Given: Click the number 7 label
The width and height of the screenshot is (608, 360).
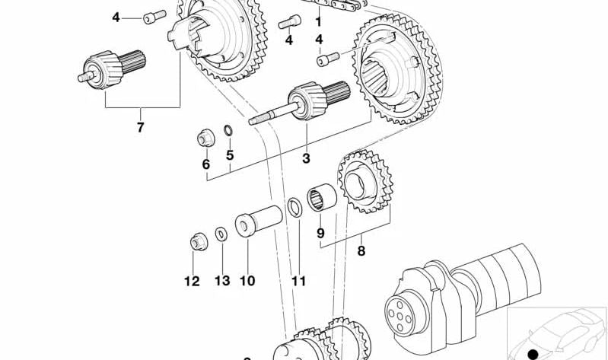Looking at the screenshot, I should tap(140, 127).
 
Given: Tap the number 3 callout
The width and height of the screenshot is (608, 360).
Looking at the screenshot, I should tap(307, 158).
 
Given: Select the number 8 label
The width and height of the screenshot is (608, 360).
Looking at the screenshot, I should tap(361, 250).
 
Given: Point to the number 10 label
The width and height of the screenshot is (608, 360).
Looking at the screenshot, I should tap(247, 281).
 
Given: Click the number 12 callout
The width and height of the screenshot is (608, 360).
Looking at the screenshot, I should tap(192, 281).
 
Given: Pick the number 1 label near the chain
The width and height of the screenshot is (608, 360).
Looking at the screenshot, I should tap(318, 22).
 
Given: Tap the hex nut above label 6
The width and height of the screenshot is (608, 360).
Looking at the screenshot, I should tap(204, 139).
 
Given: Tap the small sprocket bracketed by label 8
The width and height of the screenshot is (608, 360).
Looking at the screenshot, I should tap(363, 183).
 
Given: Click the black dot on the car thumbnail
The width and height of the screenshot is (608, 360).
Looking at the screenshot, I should tap(532, 354).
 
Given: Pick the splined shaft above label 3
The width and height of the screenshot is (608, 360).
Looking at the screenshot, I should tap(304, 105).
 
